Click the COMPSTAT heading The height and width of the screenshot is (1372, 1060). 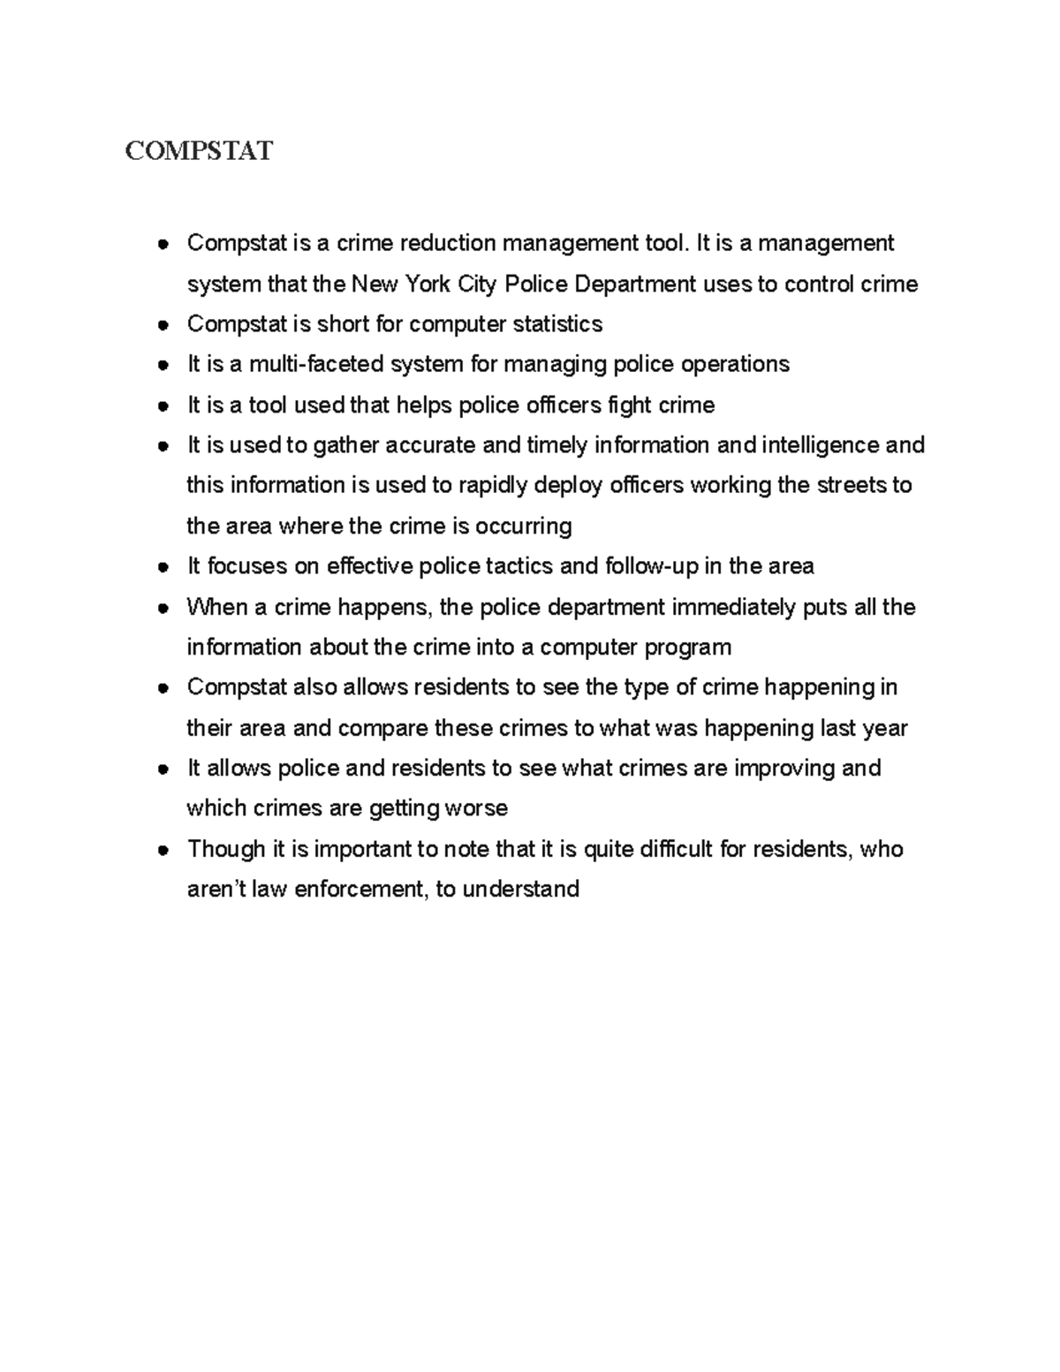tap(199, 151)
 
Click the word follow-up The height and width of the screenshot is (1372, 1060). tap(651, 565)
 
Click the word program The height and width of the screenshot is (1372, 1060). tap(687, 647)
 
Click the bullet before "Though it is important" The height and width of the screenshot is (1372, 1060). tap(163, 851)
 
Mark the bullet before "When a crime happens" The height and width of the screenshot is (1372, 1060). tap(163, 609)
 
